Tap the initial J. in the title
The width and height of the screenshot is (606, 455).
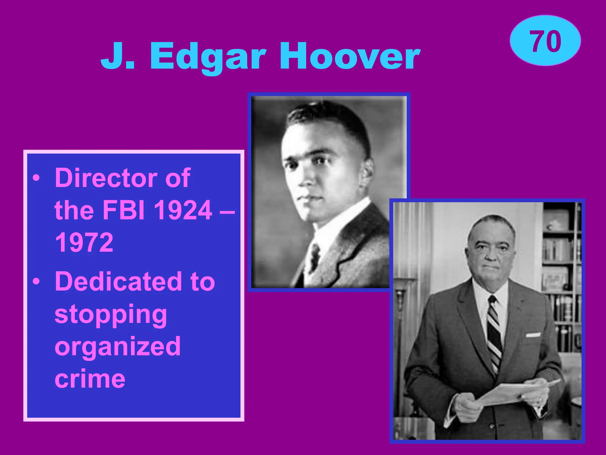117,56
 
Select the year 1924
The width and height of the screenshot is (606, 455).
183,210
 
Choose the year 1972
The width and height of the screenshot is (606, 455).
84,242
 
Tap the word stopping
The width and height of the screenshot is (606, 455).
111,315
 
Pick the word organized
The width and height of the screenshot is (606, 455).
117,347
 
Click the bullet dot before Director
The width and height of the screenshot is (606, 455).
36,178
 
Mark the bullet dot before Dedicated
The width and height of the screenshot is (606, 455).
36,281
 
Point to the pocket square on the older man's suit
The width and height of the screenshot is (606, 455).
533,335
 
